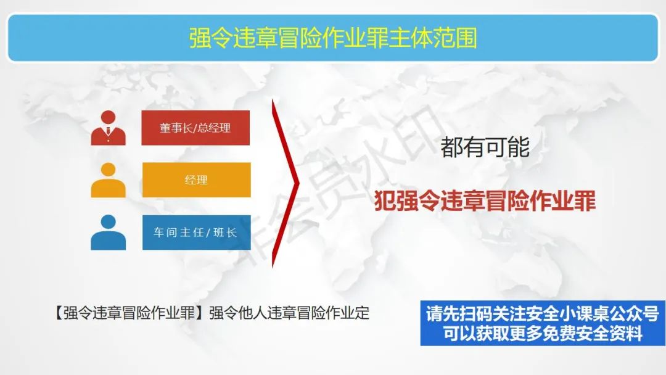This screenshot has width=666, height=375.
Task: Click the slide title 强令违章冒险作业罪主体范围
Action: [x=333, y=38]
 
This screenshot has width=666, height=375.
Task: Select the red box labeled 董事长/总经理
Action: [x=195, y=128]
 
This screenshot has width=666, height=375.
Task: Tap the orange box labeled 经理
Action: [x=196, y=180]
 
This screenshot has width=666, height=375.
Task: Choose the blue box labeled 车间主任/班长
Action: [x=196, y=233]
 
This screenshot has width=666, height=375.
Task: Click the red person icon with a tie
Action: [x=109, y=128]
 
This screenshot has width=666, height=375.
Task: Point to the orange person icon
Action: [x=109, y=180]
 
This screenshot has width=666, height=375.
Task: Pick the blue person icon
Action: [x=109, y=233]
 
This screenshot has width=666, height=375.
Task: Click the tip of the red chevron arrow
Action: [x=299, y=183]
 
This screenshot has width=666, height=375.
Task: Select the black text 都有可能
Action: [x=485, y=147]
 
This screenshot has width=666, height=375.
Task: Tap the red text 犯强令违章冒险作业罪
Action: [x=485, y=201]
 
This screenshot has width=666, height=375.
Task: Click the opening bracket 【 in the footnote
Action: [x=58, y=313]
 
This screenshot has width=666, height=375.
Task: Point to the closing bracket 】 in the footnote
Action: [x=201, y=313]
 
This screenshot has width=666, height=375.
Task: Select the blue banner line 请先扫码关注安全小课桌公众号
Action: [x=543, y=314]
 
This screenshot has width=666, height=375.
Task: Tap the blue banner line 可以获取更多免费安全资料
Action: [x=543, y=334]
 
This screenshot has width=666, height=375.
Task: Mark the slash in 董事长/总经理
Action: [x=195, y=128]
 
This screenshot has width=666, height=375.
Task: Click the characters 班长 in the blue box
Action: [x=225, y=233]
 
